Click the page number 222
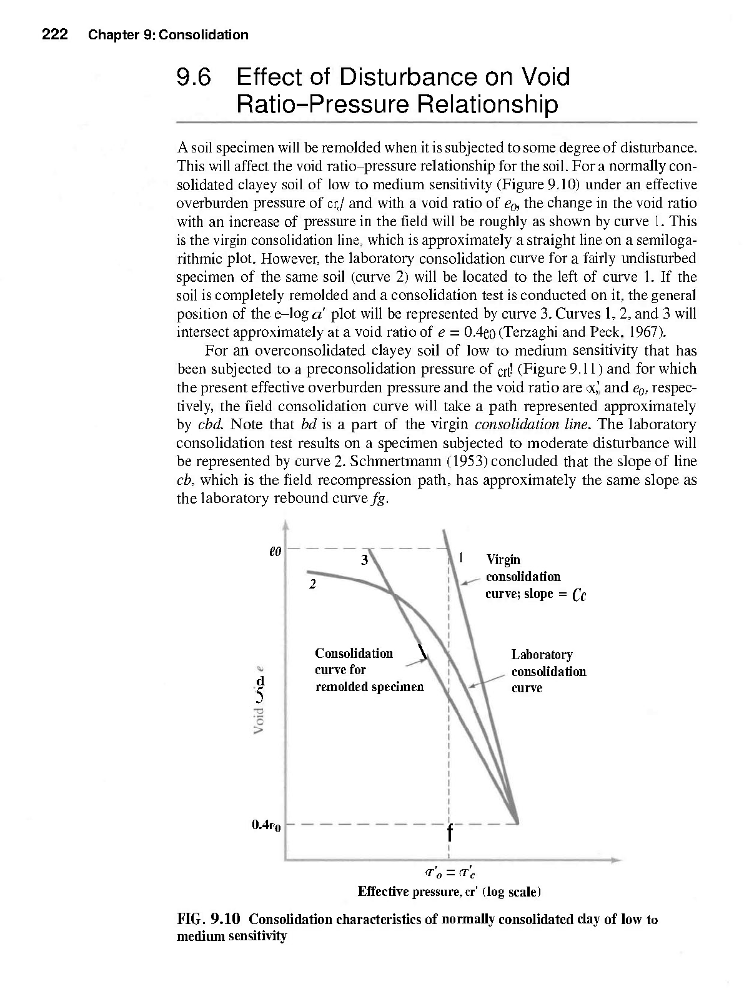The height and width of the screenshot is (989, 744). pyautogui.click(x=54, y=34)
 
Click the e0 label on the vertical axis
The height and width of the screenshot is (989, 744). pyautogui.click(x=275, y=552)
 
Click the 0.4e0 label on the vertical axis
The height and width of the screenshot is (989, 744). pyautogui.click(x=267, y=825)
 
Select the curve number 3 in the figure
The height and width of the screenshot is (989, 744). pyautogui.click(x=364, y=560)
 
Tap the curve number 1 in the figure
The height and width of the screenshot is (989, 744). pyautogui.click(x=460, y=558)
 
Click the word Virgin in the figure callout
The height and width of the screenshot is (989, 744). pyautogui.click(x=503, y=560)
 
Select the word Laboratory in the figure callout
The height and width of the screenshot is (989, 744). pyautogui.click(x=542, y=655)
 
